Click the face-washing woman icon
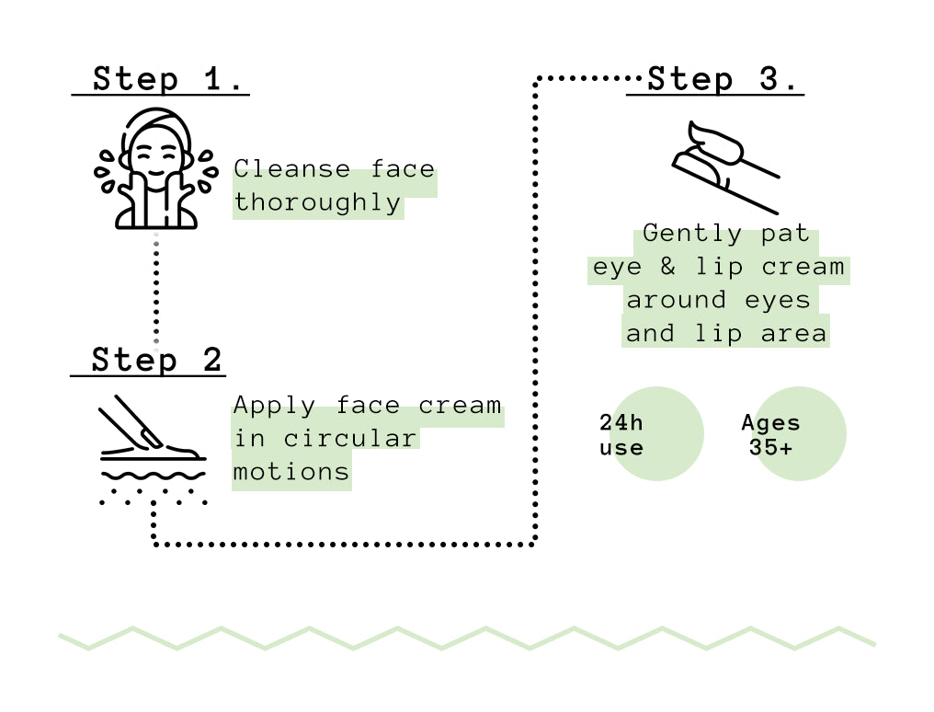click(x=156, y=168)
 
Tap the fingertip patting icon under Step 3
click(x=725, y=167)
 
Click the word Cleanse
click(x=292, y=169)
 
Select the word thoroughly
click(x=317, y=202)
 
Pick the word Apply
click(x=274, y=407)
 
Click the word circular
click(x=349, y=439)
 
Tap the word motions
click(x=290, y=473)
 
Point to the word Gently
click(x=692, y=234)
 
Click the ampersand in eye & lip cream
click(x=667, y=266)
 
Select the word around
click(x=676, y=300)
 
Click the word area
click(x=794, y=334)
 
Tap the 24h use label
click(x=621, y=435)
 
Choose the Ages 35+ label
click(x=770, y=435)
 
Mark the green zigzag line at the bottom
click(x=467, y=637)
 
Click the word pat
click(x=785, y=234)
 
